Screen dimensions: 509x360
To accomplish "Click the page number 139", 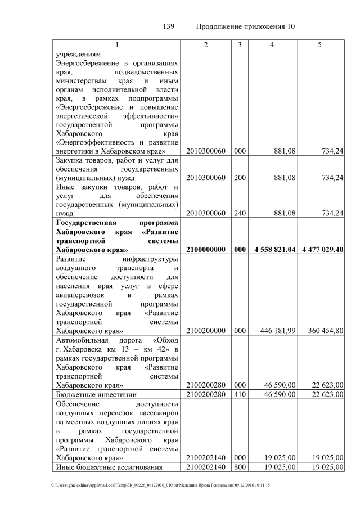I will point(169,26).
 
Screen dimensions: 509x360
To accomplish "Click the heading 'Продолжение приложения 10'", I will point(246,26).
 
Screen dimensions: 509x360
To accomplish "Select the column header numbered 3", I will point(240,44).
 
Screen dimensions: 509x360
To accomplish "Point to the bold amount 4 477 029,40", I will point(321,250).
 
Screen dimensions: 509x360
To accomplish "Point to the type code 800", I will point(240,467).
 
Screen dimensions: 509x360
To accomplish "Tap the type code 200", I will point(240,178).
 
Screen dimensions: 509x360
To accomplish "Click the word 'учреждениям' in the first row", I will point(78,54).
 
